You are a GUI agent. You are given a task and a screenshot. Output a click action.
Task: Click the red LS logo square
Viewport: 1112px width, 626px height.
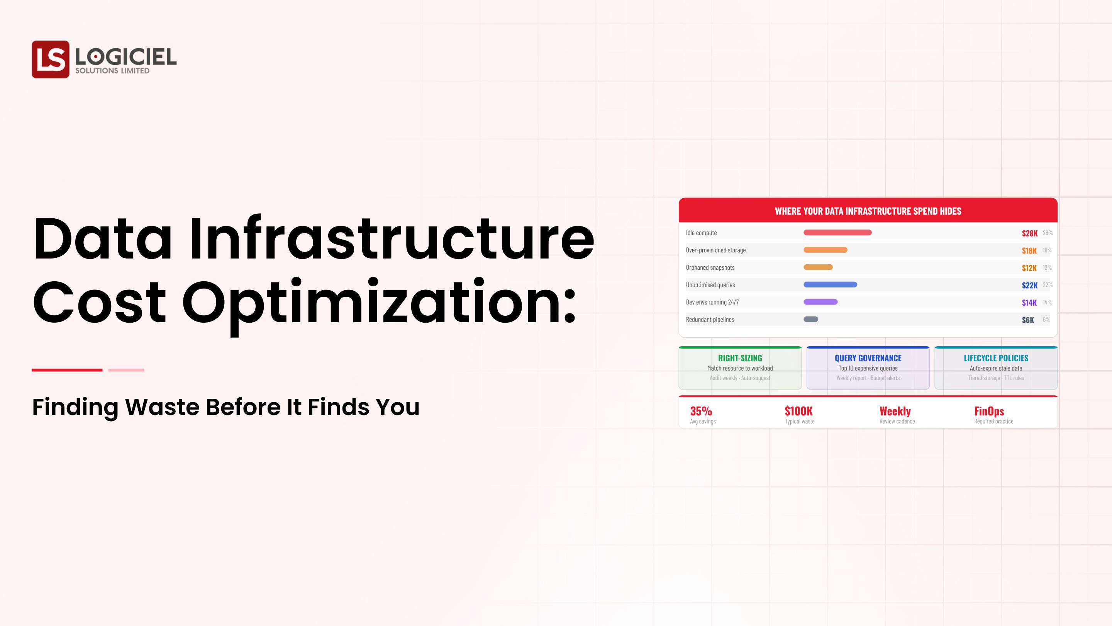click(51, 59)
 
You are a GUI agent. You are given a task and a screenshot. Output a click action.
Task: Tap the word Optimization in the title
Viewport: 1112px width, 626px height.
click(378, 303)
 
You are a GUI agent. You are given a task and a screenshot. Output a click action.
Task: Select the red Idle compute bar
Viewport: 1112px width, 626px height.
click(837, 232)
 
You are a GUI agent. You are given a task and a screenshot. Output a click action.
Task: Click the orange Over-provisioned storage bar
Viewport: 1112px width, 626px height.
click(825, 250)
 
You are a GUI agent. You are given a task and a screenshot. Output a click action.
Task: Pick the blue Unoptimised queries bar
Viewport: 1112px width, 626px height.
click(830, 285)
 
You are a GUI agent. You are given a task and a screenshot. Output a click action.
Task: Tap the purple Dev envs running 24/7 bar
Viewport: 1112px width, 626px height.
click(820, 302)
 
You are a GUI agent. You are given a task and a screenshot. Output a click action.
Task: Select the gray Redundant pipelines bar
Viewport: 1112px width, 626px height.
click(811, 319)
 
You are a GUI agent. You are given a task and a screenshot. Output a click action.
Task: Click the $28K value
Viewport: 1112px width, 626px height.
click(1029, 233)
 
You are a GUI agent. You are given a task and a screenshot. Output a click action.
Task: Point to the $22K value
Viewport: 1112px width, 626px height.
click(1029, 285)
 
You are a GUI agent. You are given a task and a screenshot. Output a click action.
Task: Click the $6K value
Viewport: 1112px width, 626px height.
click(1028, 320)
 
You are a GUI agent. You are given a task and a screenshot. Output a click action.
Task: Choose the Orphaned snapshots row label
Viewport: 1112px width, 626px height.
click(710, 267)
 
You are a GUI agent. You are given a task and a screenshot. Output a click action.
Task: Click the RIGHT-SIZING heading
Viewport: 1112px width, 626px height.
click(740, 358)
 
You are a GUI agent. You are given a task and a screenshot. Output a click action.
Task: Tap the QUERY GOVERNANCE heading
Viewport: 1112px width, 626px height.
click(868, 358)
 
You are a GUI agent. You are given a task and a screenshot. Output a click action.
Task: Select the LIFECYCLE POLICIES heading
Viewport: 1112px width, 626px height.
click(996, 358)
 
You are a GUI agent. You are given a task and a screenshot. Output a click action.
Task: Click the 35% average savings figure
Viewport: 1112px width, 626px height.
click(701, 411)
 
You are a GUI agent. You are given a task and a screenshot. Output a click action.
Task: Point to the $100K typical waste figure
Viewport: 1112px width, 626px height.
click(798, 411)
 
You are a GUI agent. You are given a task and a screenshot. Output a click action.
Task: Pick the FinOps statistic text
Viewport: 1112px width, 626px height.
click(989, 411)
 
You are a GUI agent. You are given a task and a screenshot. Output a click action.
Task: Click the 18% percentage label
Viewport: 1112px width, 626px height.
click(1047, 250)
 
